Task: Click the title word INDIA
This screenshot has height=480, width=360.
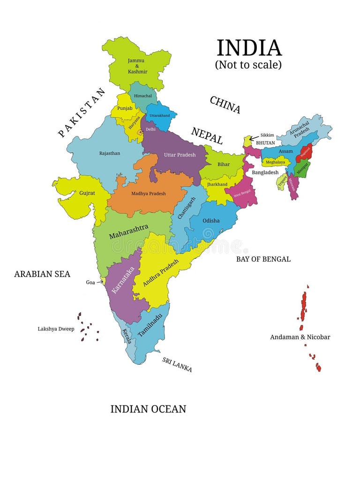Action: [x=249, y=48]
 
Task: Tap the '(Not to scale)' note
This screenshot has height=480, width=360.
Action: [x=248, y=65]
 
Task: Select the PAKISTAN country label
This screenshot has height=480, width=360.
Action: [x=82, y=112]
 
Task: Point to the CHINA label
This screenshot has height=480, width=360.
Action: [x=225, y=105]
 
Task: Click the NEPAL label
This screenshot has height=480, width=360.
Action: [x=207, y=135]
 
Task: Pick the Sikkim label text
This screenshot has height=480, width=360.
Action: [x=267, y=135]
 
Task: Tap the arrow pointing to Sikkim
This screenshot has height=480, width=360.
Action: [x=254, y=138]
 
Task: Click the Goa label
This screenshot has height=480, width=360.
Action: [x=90, y=282]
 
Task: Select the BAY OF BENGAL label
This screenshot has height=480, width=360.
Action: [x=263, y=259]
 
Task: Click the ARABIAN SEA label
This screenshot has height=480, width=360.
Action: [x=42, y=274]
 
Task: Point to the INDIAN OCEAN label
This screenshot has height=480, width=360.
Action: [x=148, y=409]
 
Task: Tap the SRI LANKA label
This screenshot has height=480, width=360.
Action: [x=177, y=364]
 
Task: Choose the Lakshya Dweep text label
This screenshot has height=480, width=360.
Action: [x=56, y=329]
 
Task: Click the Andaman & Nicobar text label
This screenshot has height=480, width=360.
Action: [x=300, y=337]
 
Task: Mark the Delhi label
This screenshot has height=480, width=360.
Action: [x=150, y=129]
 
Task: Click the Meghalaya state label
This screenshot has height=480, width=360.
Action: [x=276, y=162]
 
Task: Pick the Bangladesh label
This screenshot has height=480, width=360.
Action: [x=265, y=172]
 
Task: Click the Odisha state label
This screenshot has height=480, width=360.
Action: [x=211, y=220]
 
